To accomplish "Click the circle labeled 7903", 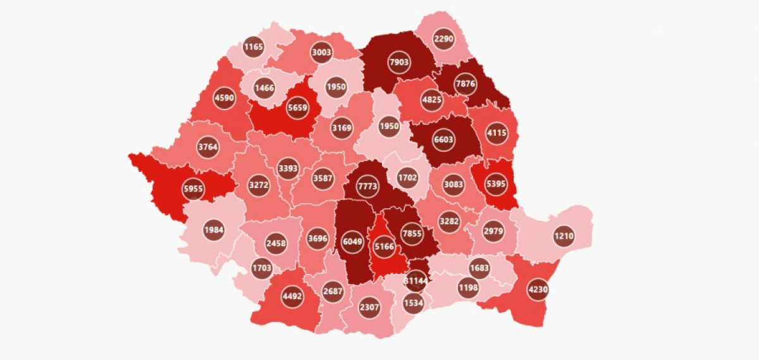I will point(400,63).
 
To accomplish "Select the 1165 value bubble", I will point(253,46).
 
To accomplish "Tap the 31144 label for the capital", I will point(415,280).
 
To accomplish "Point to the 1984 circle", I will point(214,229).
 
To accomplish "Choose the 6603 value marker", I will point(443,140).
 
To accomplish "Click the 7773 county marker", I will point(367,187).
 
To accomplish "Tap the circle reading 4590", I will point(224,98).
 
